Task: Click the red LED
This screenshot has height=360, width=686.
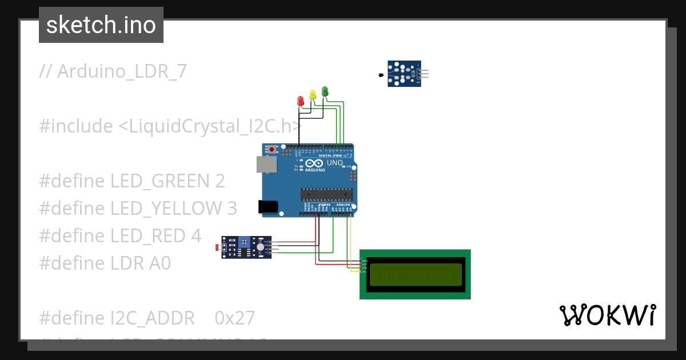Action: pos(301,101)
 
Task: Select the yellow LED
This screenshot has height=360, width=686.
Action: pos(312,95)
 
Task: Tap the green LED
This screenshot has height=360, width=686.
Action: pos(325,91)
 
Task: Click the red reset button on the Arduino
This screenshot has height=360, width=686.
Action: pos(272,150)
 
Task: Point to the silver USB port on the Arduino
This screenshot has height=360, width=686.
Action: pos(266,165)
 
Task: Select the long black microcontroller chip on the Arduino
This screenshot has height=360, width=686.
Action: pos(326,194)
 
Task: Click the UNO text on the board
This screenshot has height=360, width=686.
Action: pos(334,163)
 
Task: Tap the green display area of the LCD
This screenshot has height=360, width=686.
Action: pos(415,274)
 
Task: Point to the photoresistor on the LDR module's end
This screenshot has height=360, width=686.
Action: pos(216,247)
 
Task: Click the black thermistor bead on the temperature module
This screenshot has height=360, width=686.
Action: pos(381,75)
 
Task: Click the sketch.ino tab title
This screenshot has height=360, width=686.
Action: pos(101,25)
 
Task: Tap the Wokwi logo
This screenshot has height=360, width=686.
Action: pos(607,315)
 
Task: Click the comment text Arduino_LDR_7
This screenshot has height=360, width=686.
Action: pos(113,71)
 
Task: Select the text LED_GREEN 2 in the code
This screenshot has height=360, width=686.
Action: pos(167,181)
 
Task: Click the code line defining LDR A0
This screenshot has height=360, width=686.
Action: pos(105,263)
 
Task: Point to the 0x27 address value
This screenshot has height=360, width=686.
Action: pos(234,317)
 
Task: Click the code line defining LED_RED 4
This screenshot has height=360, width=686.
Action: pos(120,235)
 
